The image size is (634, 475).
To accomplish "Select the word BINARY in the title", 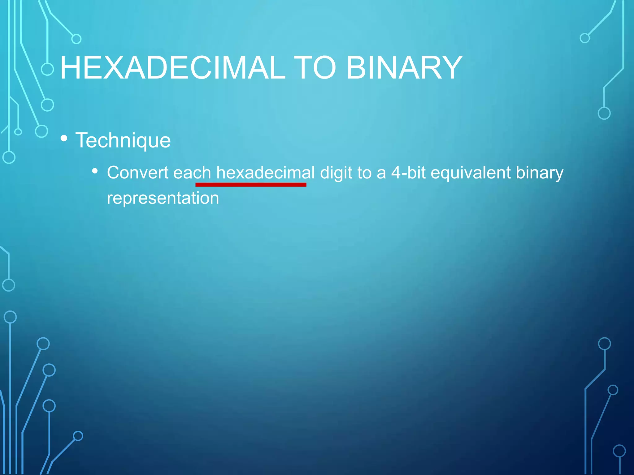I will (x=404, y=68).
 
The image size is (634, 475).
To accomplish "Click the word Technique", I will (x=123, y=141).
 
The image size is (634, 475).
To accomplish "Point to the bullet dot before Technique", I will (x=64, y=138).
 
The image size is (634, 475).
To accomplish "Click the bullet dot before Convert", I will (x=95, y=171).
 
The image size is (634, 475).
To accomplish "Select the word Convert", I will (x=137, y=173).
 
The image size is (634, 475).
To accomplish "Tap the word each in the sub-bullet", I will (x=192, y=173).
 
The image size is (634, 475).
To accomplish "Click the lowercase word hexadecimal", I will (x=265, y=173).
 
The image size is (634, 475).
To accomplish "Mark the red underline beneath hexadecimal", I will (x=251, y=185).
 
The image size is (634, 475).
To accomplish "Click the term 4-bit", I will (x=408, y=173).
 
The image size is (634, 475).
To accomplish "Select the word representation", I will (x=163, y=198).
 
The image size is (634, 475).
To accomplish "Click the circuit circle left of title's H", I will (x=47, y=69).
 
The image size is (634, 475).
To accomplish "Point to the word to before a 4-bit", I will (x=364, y=173).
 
